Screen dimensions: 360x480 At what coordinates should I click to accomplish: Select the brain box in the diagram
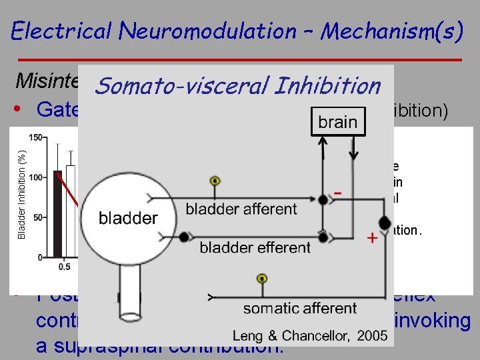(x=337, y=122)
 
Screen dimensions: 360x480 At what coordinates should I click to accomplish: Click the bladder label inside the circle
(x=128, y=217)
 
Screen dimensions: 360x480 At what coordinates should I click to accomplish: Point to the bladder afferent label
(x=241, y=209)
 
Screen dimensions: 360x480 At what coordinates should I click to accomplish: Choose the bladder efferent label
(x=255, y=247)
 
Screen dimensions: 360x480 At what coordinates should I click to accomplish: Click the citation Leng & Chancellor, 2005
(x=310, y=335)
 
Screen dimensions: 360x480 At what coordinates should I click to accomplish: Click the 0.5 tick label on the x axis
(x=65, y=267)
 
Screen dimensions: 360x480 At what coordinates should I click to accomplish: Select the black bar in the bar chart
(x=58, y=213)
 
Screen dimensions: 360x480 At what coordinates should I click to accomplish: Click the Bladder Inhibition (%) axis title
(x=21, y=193)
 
